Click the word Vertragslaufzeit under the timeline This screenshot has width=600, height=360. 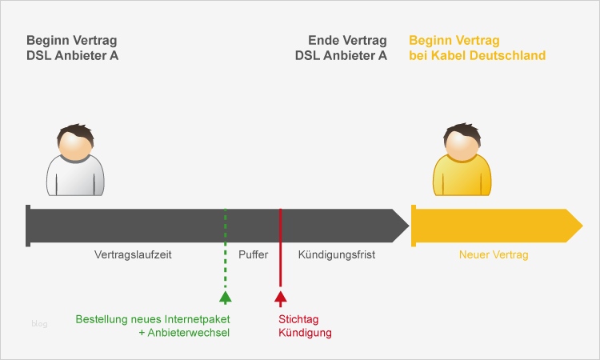[x=134, y=255]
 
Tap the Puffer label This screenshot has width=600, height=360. [x=253, y=255]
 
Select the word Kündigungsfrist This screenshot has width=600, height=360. [x=336, y=255]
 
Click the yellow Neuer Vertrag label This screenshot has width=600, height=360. [x=494, y=255]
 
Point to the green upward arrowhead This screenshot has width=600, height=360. [x=226, y=298]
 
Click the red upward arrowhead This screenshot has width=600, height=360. [x=280, y=298]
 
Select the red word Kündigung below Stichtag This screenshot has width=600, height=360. [x=304, y=333]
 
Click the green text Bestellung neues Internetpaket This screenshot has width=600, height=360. [x=153, y=319]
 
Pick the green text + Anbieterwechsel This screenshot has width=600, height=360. [x=184, y=333]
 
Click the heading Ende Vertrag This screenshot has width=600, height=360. [x=347, y=41]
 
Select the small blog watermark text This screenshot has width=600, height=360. [x=39, y=324]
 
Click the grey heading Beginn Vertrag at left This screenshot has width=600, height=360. [x=72, y=41]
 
